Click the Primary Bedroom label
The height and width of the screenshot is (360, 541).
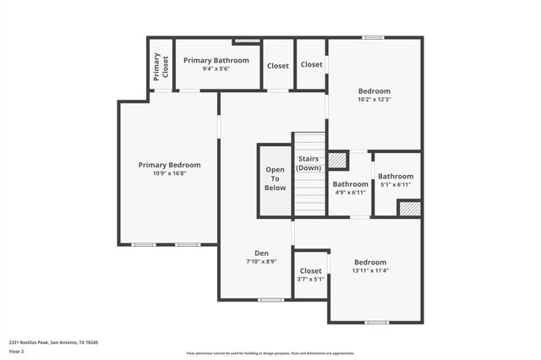169,165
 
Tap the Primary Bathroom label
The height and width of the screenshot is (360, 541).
216,60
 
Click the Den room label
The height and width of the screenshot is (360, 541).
261,254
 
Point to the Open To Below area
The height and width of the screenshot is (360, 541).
275,179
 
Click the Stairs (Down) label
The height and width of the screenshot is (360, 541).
309,164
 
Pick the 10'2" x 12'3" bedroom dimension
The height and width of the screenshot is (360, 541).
374,100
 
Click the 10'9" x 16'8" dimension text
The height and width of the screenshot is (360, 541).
169,174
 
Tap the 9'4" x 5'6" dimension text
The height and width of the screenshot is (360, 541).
216,68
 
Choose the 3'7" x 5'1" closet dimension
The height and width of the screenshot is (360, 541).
310,280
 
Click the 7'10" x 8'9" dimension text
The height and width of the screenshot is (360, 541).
261,262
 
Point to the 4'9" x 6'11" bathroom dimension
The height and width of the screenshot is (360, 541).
350,193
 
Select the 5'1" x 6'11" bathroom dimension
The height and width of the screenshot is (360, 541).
396,185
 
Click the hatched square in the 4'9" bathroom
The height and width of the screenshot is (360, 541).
338,160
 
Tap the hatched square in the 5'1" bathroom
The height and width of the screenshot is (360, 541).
410,208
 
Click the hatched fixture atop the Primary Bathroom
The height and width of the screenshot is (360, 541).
247,40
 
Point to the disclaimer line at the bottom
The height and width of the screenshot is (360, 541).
270,352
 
